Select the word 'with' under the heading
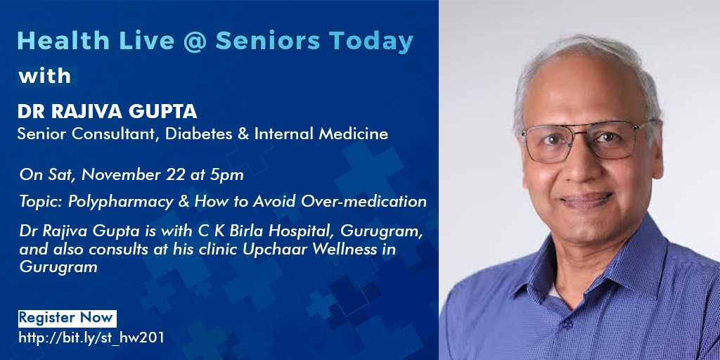(44, 75)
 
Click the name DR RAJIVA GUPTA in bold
(107, 111)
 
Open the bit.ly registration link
(91, 338)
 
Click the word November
(121, 175)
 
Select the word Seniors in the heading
(268, 41)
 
